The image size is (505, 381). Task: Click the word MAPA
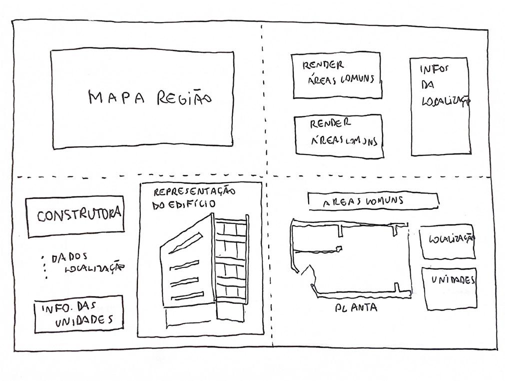coord(116,97)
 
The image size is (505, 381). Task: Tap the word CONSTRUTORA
coord(78,215)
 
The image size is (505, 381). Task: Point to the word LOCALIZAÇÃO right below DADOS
coord(94,269)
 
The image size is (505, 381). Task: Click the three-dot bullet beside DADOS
coord(44,266)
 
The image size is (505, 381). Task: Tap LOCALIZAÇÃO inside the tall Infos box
coord(446,101)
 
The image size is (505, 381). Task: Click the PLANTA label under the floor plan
coord(356,307)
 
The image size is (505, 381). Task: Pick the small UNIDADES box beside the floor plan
coord(449,288)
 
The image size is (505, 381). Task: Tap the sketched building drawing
coord(205,270)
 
